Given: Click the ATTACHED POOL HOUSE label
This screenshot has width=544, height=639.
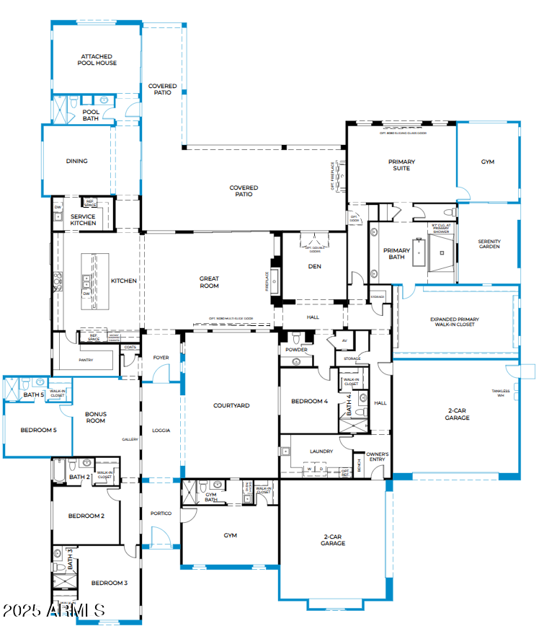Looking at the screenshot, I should pyautogui.click(x=97, y=59).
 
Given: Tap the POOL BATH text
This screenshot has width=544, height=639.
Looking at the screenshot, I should pyautogui.click(x=91, y=115).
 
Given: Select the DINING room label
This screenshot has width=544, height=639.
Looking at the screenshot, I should pyautogui.click(x=77, y=161).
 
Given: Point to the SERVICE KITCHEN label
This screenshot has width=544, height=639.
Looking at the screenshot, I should pyautogui.click(x=83, y=220).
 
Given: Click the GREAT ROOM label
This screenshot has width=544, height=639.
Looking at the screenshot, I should pyautogui.click(x=209, y=282).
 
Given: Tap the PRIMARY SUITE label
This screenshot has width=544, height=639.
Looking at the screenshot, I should pyautogui.click(x=401, y=164).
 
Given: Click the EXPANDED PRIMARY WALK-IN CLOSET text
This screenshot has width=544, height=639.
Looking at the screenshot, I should pyautogui.click(x=454, y=322).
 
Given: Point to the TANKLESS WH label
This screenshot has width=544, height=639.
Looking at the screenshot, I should pyautogui.click(x=501, y=393).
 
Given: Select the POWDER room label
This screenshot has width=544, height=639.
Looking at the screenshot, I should pyautogui.click(x=296, y=350).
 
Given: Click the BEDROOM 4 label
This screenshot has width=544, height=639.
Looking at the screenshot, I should pyautogui.click(x=310, y=401).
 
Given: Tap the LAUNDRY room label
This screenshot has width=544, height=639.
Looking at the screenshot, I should pyautogui.click(x=321, y=451).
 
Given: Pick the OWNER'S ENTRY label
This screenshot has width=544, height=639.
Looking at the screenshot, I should pyautogui.click(x=379, y=457).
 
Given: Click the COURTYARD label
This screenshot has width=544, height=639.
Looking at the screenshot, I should pyautogui.click(x=231, y=405).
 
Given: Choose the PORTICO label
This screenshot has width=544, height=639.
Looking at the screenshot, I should pyautogui.click(x=161, y=513).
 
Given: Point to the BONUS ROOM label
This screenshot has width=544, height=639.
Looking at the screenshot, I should pyautogui.click(x=96, y=418).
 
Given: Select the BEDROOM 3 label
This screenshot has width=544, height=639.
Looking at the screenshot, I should pyautogui.click(x=109, y=582).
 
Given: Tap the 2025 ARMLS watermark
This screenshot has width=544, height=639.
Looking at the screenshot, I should pyautogui.click(x=54, y=611).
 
